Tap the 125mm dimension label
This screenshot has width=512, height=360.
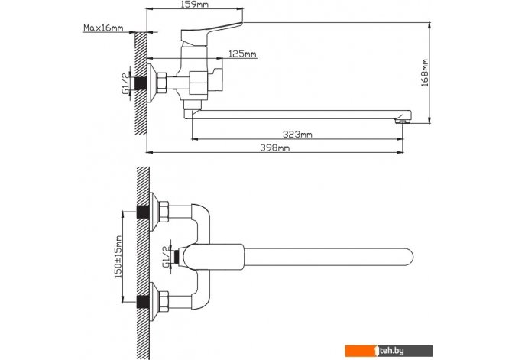[x=242, y=55]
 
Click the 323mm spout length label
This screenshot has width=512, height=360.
[x=298, y=135]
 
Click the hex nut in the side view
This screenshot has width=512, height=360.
[x=162, y=83]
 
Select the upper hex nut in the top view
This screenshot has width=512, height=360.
[x=163, y=210]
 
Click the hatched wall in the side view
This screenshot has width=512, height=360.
[x=140, y=84]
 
